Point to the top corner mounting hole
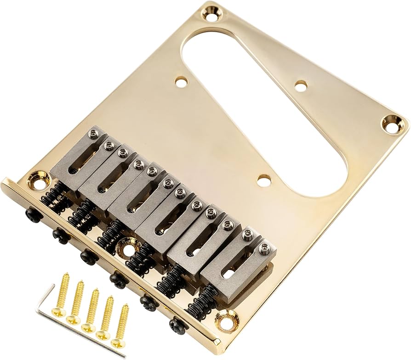[x=212, y=16]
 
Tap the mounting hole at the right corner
[x=391, y=124]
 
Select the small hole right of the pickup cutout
[x=301, y=85]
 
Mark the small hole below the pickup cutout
[x=263, y=181]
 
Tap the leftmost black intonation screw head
[x=32, y=214]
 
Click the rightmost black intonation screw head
[x=177, y=326]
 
